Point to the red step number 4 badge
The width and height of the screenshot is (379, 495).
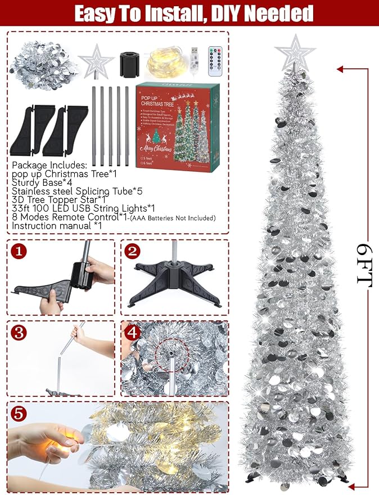[x=133, y=332]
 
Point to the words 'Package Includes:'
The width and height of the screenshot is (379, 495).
[x=48, y=166]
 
